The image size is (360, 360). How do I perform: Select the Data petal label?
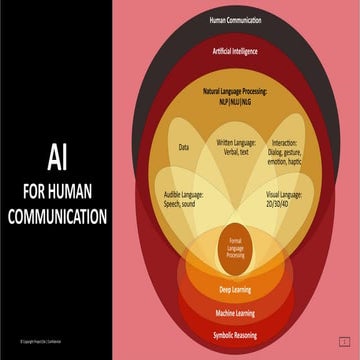[x=184, y=147]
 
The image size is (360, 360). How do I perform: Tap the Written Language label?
[x=237, y=144]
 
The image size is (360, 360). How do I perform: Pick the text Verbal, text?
[x=237, y=154]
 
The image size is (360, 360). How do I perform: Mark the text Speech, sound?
[x=185, y=203]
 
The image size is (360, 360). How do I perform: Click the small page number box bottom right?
[x=343, y=341]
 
